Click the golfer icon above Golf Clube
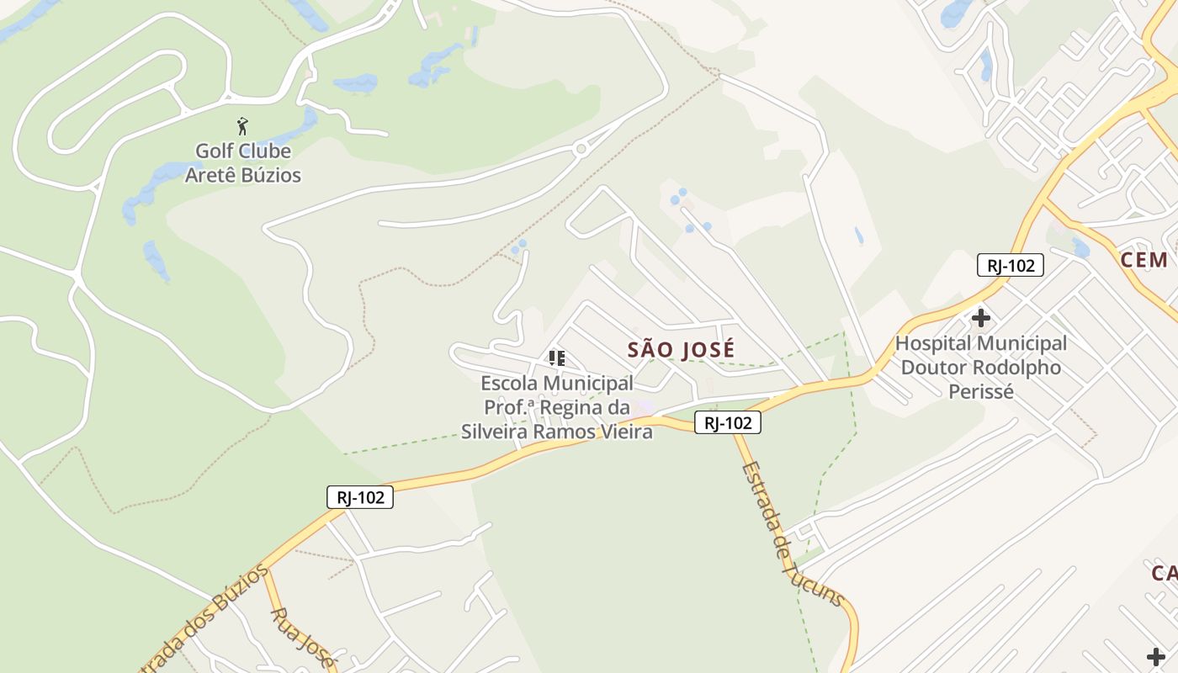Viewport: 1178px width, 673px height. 243,127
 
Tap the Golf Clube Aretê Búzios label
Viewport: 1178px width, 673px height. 243,163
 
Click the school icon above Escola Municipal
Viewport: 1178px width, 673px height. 556,358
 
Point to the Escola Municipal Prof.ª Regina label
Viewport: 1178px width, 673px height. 557,407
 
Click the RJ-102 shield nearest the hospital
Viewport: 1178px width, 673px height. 1010,266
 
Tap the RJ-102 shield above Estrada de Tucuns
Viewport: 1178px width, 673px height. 728,422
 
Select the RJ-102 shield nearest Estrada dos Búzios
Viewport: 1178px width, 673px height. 360,497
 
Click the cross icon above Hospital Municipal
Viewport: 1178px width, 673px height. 980,319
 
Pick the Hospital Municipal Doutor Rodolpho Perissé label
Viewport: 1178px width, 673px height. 981,368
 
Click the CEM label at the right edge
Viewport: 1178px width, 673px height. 1144,259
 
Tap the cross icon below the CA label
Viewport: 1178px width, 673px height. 1156,656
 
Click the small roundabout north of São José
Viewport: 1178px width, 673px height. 581,150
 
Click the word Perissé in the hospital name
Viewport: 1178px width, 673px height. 981,392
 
